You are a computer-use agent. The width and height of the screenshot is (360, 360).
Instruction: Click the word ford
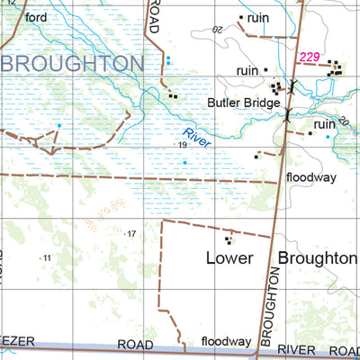tap(36, 17)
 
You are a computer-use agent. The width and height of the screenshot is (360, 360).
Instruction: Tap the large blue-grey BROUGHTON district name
tap(72, 64)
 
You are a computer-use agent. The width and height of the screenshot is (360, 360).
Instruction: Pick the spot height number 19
tap(182, 145)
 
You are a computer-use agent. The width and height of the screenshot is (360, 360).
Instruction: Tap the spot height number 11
tap(47, 258)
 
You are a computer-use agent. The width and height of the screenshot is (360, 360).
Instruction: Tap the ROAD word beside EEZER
tap(136, 345)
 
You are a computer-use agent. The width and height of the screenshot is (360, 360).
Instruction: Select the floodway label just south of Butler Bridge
tap(311, 177)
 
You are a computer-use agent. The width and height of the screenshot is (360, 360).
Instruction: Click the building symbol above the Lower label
tap(229, 239)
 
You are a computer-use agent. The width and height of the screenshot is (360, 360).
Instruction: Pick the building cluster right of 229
tap(335, 67)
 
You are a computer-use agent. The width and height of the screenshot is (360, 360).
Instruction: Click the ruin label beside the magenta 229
tap(247, 70)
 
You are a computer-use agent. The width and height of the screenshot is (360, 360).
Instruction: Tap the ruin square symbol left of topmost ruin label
tap(241, 17)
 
